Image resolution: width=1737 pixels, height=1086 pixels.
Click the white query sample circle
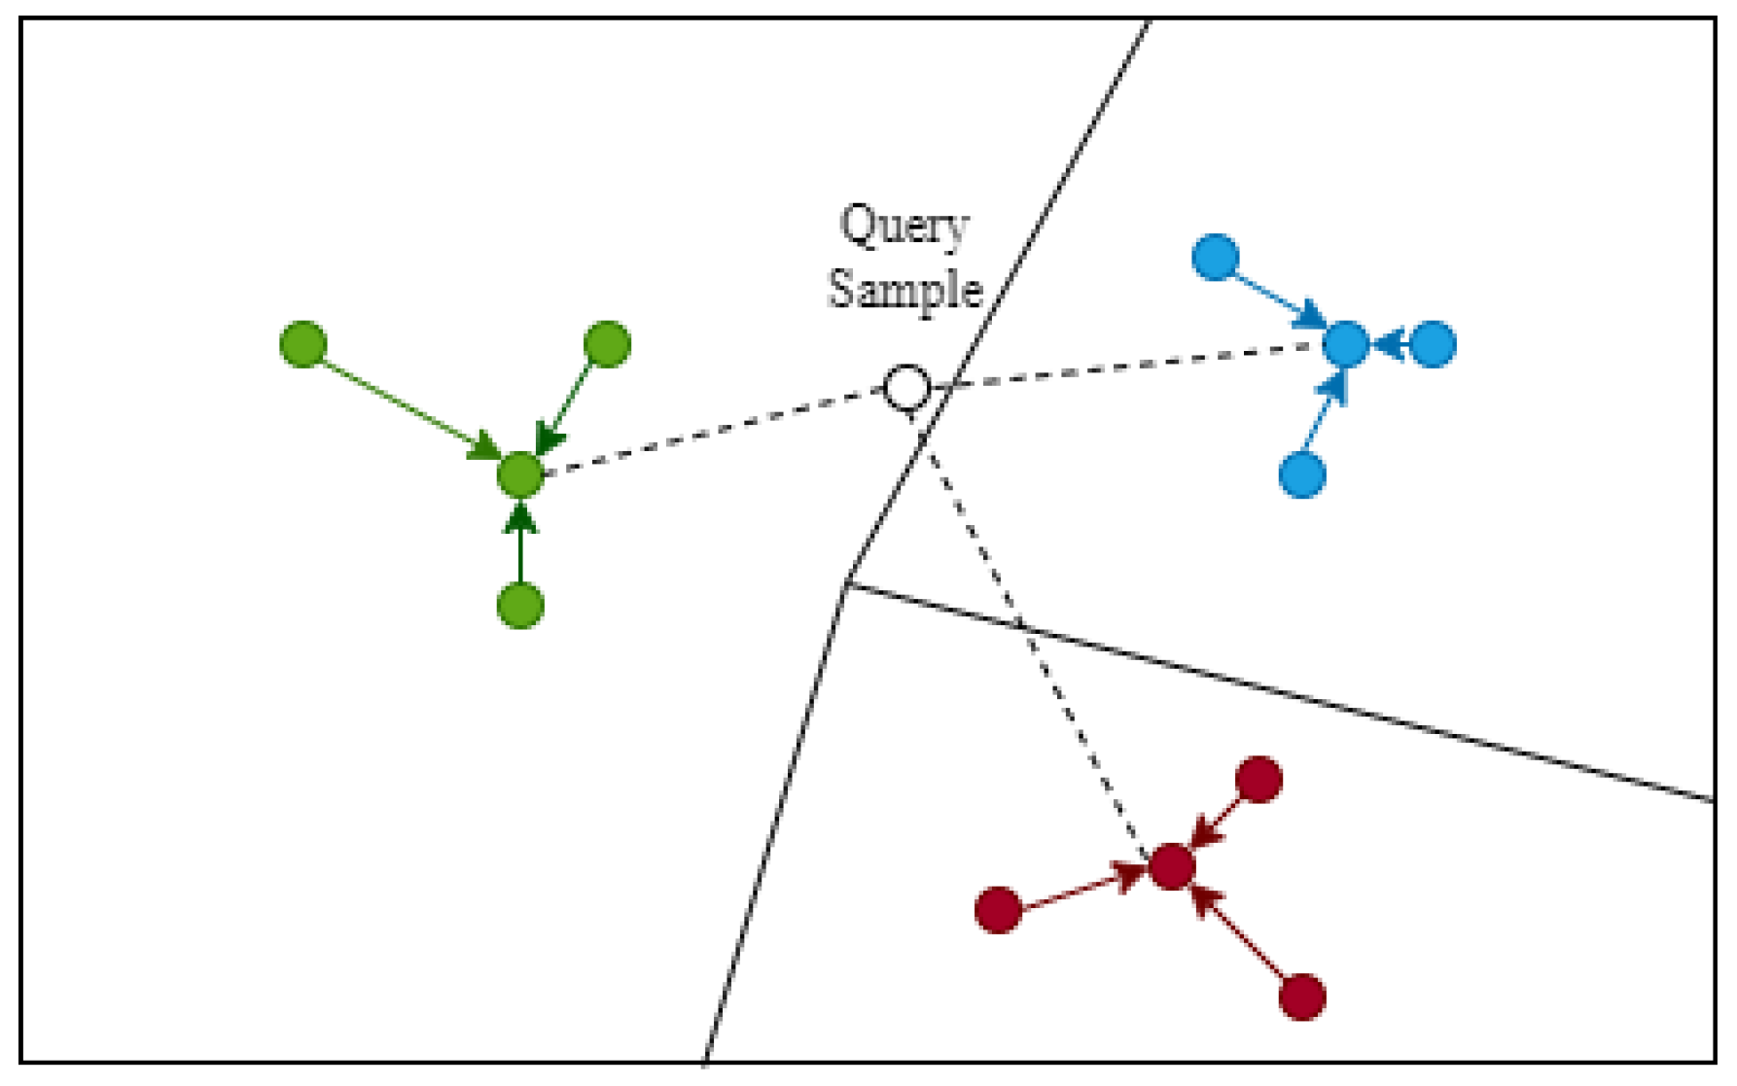(x=906, y=388)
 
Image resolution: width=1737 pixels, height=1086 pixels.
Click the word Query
(x=904, y=227)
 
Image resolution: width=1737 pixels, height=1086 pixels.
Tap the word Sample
(x=904, y=289)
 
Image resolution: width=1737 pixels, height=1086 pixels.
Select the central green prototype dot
(x=520, y=474)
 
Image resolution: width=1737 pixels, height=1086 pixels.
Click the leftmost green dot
(x=303, y=344)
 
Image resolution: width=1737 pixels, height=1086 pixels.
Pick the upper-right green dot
(x=607, y=344)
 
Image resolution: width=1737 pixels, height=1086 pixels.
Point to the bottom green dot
(x=520, y=606)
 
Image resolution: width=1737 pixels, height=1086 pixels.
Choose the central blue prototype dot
(x=1346, y=344)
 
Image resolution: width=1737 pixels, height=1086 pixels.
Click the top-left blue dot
(x=1216, y=257)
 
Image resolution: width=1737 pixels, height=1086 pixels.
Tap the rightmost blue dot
(x=1433, y=344)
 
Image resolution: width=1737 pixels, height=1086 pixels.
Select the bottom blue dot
(x=1302, y=474)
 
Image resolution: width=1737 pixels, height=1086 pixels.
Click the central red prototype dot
(x=1172, y=866)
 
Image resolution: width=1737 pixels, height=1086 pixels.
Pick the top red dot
(x=1259, y=780)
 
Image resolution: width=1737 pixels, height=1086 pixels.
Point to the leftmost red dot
(x=998, y=910)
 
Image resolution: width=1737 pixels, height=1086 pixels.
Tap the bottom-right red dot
(x=1302, y=997)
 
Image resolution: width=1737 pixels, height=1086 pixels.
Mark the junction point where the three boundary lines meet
(x=846, y=583)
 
